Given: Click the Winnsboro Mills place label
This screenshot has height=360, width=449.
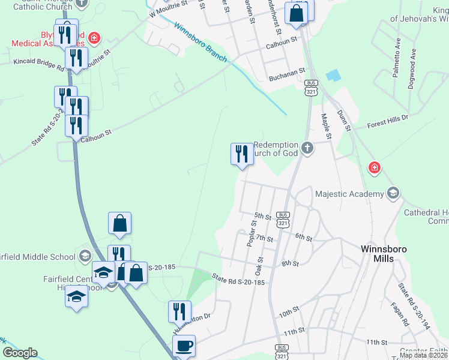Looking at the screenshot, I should (x=385, y=253).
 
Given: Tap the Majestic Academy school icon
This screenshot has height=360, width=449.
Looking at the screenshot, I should (x=393, y=193).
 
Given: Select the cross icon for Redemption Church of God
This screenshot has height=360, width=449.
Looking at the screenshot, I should (x=307, y=148).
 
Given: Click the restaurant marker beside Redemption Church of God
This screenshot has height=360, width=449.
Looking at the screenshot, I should (x=242, y=154).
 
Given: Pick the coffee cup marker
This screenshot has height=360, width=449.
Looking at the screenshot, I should (x=184, y=346).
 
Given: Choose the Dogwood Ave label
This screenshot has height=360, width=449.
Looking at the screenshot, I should (x=412, y=73).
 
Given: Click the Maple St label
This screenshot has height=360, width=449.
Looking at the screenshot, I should (x=327, y=127).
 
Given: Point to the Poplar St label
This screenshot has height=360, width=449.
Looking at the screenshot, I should (x=252, y=233).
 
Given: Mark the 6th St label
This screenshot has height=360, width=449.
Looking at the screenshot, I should (x=304, y=238).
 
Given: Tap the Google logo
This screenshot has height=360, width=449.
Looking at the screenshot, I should (x=20, y=353).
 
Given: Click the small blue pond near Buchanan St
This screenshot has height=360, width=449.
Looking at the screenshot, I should (x=332, y=76).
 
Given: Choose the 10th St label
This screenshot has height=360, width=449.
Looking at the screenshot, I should (x=288, y=314).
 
